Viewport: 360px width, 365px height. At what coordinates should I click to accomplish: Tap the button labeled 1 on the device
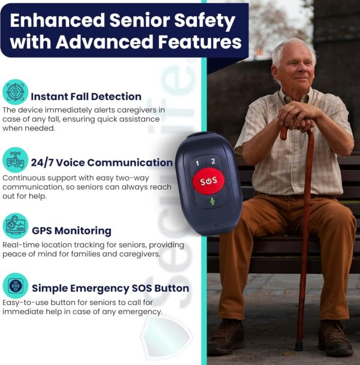pyautogui.click(x=197, y=162)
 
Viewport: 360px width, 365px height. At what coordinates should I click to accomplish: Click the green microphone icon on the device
pyautogui.click(x=212, y=201)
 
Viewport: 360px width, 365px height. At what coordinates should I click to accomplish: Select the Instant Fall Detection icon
pyautogui.click(x=15, y=92)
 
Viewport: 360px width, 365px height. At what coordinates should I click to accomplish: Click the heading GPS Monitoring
pyautogui.click(x=71, y=231)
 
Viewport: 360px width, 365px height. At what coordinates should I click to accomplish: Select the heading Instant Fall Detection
pyautogui.click(x=86, y=96)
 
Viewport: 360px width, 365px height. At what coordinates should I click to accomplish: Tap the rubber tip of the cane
pyautogui.click(x=299, y=346)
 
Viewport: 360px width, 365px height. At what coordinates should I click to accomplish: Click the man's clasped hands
pyautogui.click(x=301, y=114)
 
